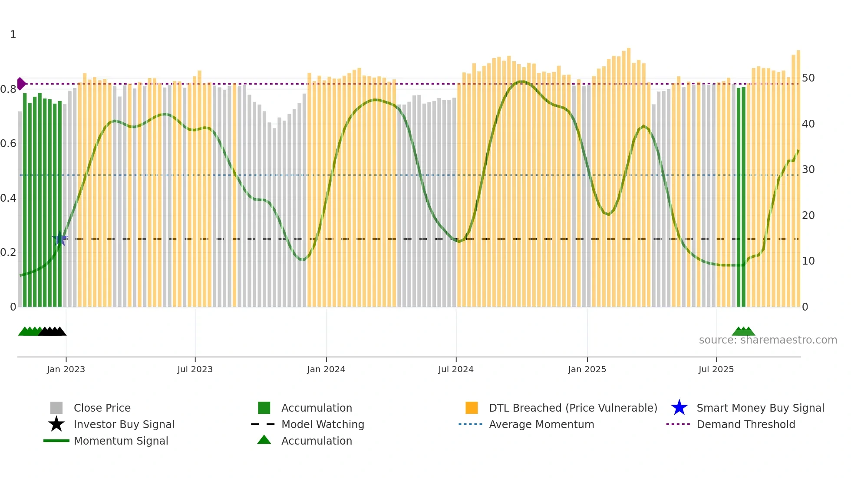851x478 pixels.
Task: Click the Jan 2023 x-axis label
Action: (66, 370)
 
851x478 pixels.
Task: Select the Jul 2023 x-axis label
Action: (195, 370)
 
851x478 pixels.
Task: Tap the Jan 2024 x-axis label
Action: (326, 370)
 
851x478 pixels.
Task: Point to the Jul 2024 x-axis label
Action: (456, 370)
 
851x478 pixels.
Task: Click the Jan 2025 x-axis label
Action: (587, 370)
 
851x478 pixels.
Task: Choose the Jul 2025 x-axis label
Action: (716, 370)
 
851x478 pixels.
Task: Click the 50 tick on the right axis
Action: (808, 78)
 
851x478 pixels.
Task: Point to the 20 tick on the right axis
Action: (808, 216)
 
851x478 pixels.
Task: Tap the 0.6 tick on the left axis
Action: (8, 144)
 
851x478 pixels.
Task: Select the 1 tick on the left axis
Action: (13, 35)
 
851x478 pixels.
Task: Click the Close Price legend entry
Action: (102, 408)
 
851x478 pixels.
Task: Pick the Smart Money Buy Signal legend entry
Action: (760, 408)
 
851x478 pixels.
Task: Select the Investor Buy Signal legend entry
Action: (124, 425)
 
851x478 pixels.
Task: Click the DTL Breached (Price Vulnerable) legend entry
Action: (573, 408)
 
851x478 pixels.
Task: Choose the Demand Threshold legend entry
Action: (745, 425)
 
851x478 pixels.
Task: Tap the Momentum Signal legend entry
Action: (121, 441)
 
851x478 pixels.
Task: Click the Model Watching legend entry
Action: (323, 425)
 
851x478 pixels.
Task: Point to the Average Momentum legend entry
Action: (541, 425)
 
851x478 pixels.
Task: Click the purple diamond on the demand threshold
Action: (21, 84)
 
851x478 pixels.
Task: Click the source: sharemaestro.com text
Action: (768, 340)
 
